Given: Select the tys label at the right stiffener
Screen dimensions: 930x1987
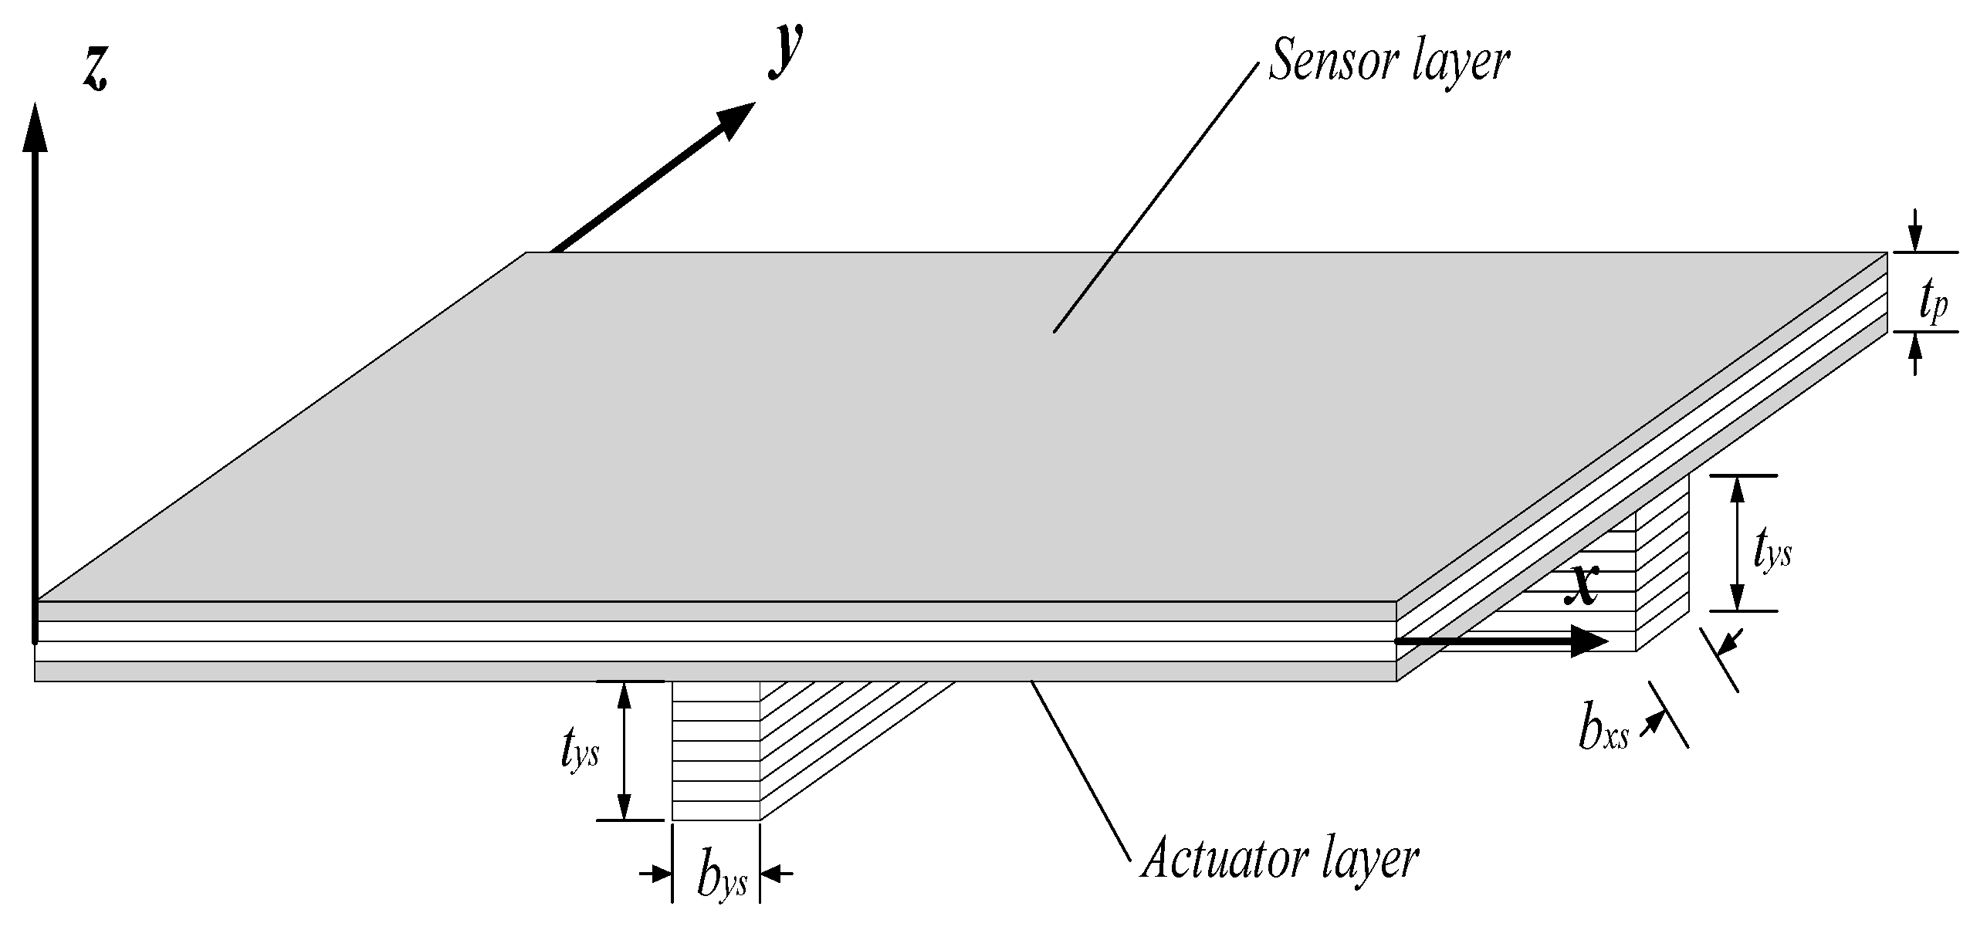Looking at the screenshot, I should (1772, 553).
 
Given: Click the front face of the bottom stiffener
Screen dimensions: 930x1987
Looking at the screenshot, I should (716, 750).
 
